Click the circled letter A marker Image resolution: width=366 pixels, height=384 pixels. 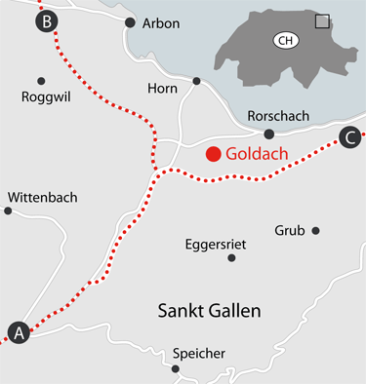(x=18, y=332)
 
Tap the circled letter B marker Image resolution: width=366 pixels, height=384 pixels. (x=45, y=19)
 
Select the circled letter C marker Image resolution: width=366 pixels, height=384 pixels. (x=349, y=138)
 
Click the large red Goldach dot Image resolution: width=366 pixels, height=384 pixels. (x=212, y=154)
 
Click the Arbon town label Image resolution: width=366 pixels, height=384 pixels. (x=161, y=23)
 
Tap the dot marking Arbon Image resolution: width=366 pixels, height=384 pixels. (x=130, y=20)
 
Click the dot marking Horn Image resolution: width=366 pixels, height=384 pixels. (x=196, y=81)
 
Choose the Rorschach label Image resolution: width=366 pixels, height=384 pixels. (x=278, y=116)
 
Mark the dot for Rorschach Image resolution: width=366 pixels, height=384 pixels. (x=269, y=134)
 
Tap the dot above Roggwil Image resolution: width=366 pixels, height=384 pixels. (x=41, y=81)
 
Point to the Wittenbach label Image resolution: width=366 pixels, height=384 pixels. (x=40, y=196)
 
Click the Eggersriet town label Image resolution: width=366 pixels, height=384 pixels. (x=214, y=243)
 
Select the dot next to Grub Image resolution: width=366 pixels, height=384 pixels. (x=315, y=231)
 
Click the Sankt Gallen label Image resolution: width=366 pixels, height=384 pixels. (x=209, y=310)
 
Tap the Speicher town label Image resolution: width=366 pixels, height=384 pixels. (x=198, y=353)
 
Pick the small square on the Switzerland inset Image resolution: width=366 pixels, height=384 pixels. (x=321, y=20)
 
